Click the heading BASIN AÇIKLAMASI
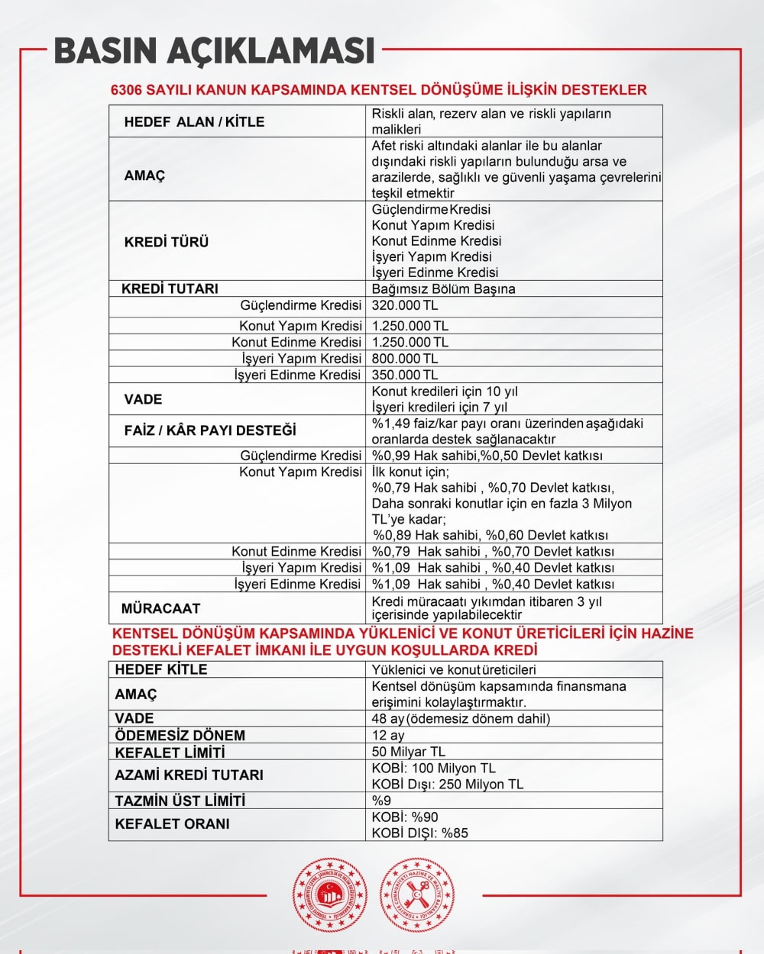click(x=215, y=50)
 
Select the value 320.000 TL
click(x=405, y=305)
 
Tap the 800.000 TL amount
click(x=405, y=359)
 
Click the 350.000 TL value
click(x=405, y=375)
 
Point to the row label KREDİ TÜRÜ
click(x=167, y=242)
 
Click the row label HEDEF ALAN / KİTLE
click(x=194, y=122)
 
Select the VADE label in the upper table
click(x=144, y=399)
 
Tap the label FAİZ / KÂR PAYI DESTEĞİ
click(x=210, y=430)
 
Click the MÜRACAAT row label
click(x=160, y=608)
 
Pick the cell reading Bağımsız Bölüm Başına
click(x=443, y=289)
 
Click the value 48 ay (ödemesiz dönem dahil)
click(x=461, y=718)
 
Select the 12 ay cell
click(x=388, y=735)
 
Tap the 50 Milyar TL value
click(x=408, y=752)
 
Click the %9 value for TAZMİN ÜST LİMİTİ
click(x=381, y=801)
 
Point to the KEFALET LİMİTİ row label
click(x=170, y=753)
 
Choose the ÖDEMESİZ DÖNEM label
click(x=180, y=736)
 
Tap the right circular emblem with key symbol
click(x=417, y=894)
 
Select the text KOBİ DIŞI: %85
click(x=420, y=833)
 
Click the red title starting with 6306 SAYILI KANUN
click(x=379, y=90)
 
